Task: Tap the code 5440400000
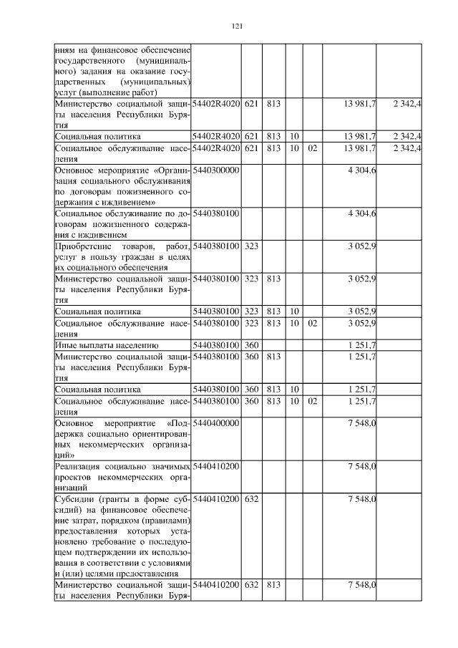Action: pos(215,423)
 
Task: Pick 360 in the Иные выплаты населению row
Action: pos(250,345)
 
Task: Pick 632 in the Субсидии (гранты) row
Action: pos(250,498)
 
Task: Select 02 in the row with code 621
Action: pos(312,148)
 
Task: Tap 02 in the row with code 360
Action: pos(312,401)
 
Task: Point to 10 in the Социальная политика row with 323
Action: pos(294,311)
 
